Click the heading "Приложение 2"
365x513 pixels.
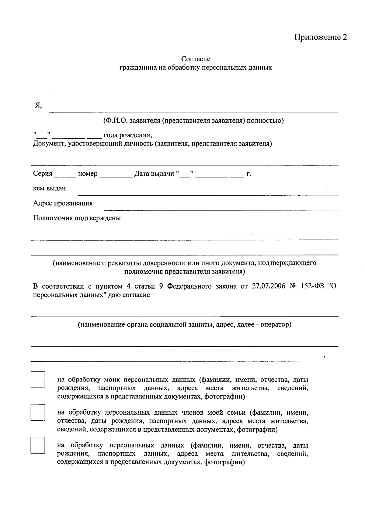click(320, 37)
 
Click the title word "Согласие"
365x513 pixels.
click(196, 59)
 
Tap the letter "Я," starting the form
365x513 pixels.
click(38, 105)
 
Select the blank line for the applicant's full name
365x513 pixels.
click(193, 110)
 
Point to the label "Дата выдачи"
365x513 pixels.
click(154, 174)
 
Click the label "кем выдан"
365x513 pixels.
click(49, 188)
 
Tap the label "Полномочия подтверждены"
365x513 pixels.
click(77, 218)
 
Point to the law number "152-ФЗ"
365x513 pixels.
click(311, 286)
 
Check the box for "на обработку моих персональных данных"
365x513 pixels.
click(38, 380)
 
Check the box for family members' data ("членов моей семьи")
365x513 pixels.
click(38, 412)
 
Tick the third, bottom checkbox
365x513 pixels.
click(38, 445)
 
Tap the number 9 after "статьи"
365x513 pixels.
click(162, 286)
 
